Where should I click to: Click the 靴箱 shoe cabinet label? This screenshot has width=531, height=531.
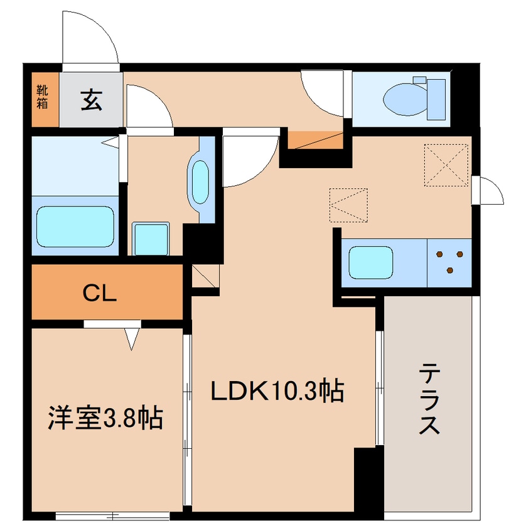[42, 97]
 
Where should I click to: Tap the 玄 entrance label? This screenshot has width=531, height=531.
[92, 100]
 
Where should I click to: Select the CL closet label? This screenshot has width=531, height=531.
[100, 293]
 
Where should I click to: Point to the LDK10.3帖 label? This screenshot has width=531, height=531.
[277, 391]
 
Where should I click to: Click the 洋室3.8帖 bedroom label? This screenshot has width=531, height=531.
[105, 417]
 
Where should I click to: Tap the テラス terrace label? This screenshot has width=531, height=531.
[429, 398]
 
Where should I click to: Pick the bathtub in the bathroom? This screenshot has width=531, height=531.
[75, 227]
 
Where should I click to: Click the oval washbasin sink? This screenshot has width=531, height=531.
[200, 182]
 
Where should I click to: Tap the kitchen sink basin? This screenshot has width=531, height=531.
[371, 262]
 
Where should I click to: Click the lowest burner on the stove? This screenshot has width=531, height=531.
[450, 271]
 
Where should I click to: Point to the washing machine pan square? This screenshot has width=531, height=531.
[151, 239]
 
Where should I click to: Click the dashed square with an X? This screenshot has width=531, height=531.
[446, 165]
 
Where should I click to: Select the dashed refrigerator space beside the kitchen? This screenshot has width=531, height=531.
[348, 205]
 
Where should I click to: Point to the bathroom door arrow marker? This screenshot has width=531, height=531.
[110, 141]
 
